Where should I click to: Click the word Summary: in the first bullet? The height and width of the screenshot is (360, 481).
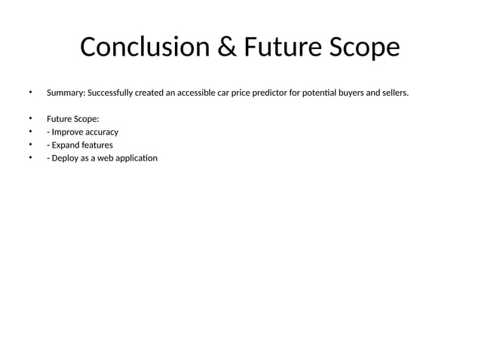[x=66, y=93]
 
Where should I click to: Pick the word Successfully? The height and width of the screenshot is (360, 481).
[x=112, y=93]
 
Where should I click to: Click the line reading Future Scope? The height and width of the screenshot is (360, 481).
[x=72, y=119]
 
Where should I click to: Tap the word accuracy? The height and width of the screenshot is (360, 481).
[x=98, y=132]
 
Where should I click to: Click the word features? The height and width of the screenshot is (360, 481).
[x=98, y=145]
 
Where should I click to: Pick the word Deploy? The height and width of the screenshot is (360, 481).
[x=66, y=158]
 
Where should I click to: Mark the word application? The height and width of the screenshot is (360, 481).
[x=139, y=158]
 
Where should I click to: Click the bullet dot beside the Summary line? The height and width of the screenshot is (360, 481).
[x=31, y=93]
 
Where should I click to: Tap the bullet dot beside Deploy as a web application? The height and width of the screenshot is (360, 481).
[x=31, y=157]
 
